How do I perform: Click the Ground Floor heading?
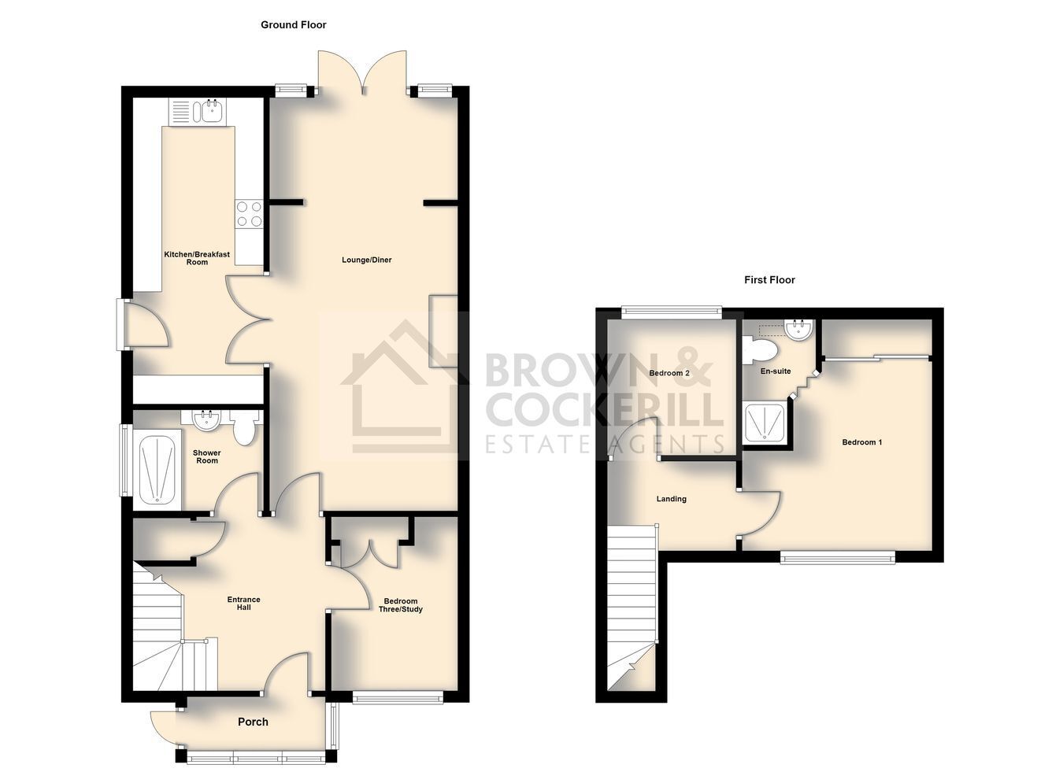coord(293,24)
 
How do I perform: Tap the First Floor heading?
coord(769,280)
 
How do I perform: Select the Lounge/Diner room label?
coord(367,260)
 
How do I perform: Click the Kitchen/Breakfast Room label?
coord(197,258)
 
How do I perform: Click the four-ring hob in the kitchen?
coord(249,214)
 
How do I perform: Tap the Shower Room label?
coord(207,456)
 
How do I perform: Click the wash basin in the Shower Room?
coord(206,421)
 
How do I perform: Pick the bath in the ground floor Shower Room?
coord(158,467)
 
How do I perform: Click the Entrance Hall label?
coord(244,603)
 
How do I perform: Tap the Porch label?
coord(253,722)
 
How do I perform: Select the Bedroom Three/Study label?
coord(401,605)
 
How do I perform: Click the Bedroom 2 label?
coord(669,373)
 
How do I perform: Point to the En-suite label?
coord(776,371)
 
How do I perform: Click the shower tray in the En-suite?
coord(765,422)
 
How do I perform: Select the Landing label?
coord(671,499)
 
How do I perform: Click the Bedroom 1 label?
coord(861,442)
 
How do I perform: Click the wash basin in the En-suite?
coord(799,330)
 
